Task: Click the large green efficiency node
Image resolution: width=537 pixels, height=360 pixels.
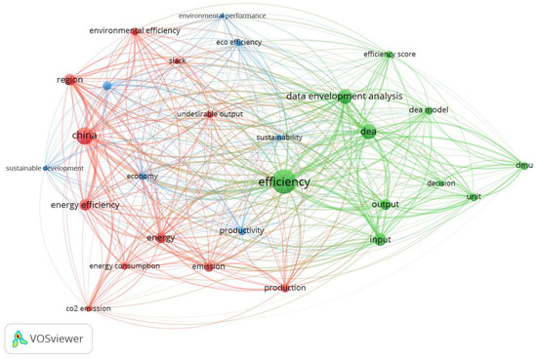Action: coord(283,182)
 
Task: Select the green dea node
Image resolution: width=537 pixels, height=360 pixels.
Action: coord(368,132)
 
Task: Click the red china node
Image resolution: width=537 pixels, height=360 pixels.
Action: coord(89,137)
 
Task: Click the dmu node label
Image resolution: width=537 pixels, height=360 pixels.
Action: coord(524,166)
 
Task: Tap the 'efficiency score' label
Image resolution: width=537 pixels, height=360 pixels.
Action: coord(390,55)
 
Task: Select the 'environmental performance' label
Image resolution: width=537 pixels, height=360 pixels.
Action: coord(222,17)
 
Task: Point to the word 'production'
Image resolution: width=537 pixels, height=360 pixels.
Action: coord(285,288)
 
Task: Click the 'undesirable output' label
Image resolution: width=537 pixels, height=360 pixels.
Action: coord(210,115)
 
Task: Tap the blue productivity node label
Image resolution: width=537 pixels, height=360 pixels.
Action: coord(241,229)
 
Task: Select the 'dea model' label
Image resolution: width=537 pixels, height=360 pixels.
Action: coord(428,110)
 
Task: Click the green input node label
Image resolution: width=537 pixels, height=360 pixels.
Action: coord(380,240)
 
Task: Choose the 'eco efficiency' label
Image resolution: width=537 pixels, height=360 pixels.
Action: coord(236,43)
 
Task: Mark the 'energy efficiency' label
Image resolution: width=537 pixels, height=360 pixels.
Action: coord(85,205)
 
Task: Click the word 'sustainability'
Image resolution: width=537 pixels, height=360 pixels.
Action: coord(279,139)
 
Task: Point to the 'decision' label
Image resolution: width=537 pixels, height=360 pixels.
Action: coord(441,183)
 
